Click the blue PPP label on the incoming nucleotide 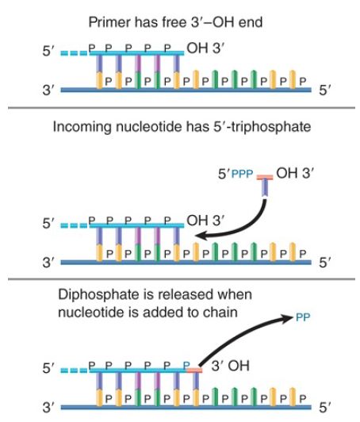[242, 174]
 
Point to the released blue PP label [303, 317]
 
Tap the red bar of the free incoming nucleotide [265, 178]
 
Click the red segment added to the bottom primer [194, 370]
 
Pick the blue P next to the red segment [186, 365]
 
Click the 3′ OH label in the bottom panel [230, 366]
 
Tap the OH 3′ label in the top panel [205, 48]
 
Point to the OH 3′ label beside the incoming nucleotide [295, 173]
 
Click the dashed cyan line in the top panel [75, 53]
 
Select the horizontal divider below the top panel [182, 108]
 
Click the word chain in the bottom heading [220, 313]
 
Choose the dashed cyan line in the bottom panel [75, 370]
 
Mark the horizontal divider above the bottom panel [182, 279]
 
